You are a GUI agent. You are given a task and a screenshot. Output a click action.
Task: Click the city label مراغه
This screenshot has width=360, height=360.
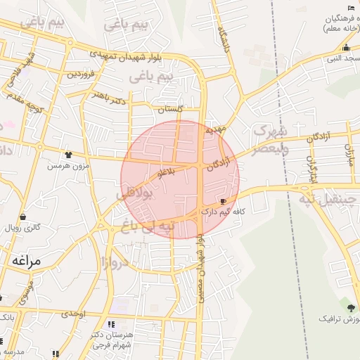(x=27, y=261)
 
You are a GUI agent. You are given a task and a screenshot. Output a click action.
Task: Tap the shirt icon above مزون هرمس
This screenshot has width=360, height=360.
(x=68, y=155)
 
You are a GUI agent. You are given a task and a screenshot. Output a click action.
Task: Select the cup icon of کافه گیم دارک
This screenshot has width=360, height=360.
(x=224, y=200)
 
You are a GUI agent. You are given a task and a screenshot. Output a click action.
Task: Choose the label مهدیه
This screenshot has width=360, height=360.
(x=214, y=130)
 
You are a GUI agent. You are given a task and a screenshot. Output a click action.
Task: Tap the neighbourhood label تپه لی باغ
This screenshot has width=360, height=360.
(x=147, y=227)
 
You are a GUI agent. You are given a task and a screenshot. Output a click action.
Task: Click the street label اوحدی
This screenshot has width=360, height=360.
(x=73, y=314)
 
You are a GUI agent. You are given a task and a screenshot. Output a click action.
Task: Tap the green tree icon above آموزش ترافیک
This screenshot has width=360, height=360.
(x=351, y=308)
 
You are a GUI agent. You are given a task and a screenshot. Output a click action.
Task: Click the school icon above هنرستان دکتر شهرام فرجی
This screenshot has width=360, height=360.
(x=111, y=325)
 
